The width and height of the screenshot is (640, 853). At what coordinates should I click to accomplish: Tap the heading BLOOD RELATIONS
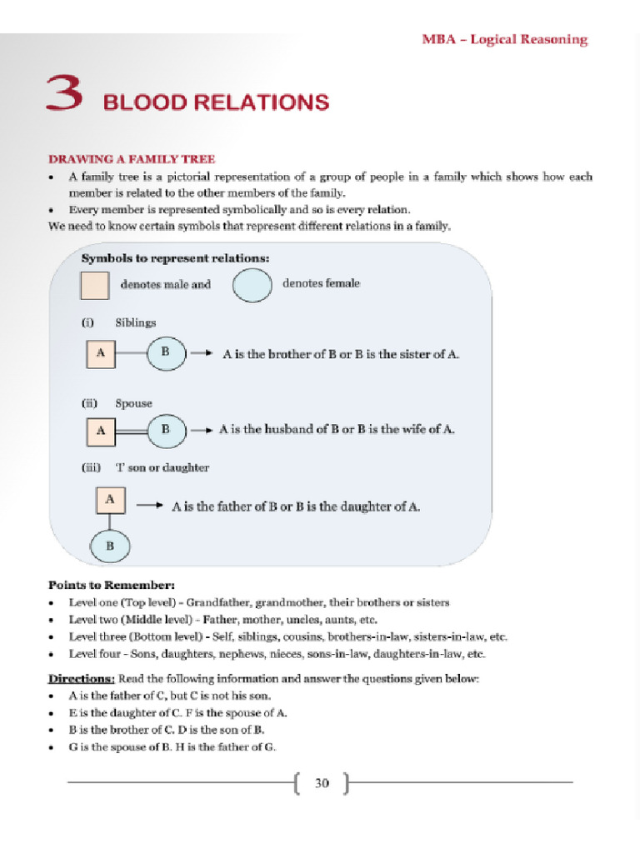215,103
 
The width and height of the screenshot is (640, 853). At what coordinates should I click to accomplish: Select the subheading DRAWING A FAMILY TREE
131,159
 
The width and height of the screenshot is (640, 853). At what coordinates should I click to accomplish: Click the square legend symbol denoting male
94,285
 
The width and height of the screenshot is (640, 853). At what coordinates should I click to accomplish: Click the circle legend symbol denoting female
252,285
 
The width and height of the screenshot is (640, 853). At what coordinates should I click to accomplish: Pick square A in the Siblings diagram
100,353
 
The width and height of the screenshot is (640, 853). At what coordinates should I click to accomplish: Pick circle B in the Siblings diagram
166,352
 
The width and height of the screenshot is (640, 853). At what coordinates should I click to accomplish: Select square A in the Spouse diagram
100,431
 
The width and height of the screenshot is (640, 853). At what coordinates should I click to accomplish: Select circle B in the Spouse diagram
166,430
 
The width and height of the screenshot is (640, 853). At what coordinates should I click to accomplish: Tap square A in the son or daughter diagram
110,500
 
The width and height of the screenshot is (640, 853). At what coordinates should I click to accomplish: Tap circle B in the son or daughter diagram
110,547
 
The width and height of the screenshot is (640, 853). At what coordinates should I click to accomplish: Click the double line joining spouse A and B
130,431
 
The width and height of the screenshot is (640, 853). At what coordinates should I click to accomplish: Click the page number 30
322,783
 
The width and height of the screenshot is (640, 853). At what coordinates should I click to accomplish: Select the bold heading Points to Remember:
111,585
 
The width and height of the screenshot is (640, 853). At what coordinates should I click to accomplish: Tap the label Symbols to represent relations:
175,258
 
